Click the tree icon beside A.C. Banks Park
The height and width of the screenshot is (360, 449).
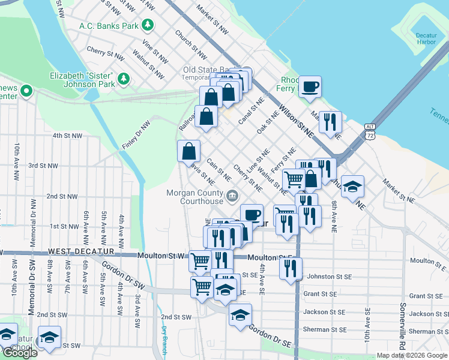coord(147,25)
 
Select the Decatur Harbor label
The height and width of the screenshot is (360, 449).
coord(426,38)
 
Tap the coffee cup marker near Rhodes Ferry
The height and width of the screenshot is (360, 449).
coord(310,86)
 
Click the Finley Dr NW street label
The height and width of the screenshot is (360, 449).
coord(136,135)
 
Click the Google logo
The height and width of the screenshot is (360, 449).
coord(19,353)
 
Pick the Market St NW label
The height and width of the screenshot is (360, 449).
coord(213,20)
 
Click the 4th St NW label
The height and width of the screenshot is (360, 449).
coord(67,136)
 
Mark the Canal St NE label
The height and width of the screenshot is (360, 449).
coord(252,113)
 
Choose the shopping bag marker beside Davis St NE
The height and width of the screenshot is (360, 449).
coord(188,150)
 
